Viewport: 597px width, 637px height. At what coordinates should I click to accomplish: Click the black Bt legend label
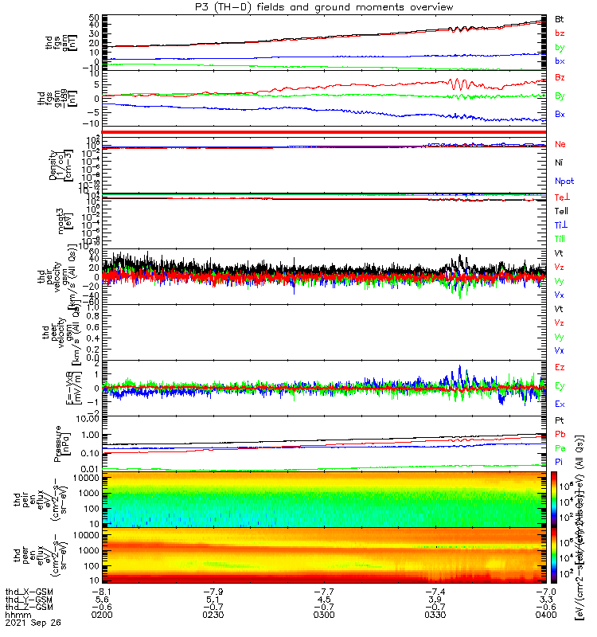[560, 18]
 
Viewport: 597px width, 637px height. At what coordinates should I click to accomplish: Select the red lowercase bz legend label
[560, 33]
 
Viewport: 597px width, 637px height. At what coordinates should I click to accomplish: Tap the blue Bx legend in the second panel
[560, 114]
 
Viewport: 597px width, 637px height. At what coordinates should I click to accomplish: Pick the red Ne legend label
[560, 144]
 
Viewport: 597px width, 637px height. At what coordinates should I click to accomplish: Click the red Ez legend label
[560, 367]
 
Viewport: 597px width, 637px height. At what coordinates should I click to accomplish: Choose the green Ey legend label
[560, 386]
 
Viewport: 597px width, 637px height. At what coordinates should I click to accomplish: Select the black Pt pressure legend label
[560, 420]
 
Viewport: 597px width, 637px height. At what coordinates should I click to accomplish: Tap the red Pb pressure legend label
[560, 434]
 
